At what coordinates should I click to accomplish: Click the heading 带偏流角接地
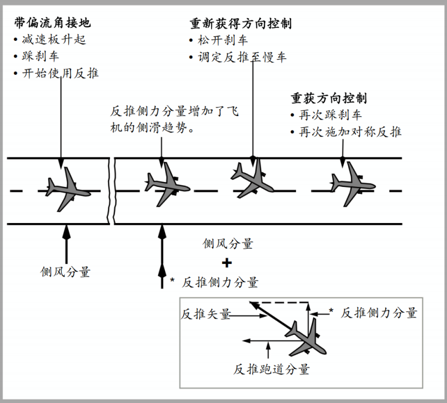coord(53,23)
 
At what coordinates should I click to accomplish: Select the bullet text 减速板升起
coord(54,40)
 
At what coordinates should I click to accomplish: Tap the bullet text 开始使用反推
coord(60,73)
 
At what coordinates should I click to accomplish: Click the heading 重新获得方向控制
coord(241,24)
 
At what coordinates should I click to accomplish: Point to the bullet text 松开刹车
coord(222,40)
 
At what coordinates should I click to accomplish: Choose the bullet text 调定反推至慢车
coord(242,57)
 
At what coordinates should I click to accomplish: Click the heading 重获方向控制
coord(329,98)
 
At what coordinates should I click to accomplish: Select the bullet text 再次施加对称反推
coord(350,132)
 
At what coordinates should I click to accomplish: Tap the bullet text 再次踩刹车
coord(330,115)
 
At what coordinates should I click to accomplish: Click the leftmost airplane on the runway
coord(68,189)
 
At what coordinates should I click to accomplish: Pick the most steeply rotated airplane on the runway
coord(252,179)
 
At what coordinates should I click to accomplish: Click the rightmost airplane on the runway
coord(353,184)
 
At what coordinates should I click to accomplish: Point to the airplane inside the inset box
coord(306,339)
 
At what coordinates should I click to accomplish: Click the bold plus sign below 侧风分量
coord(227,263)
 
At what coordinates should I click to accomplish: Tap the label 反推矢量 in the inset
coord(206,314)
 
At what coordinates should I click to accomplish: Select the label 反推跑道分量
coord(271,369)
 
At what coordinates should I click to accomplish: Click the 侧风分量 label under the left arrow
coord(66,272)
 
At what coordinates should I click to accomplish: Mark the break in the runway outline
coord(112,191)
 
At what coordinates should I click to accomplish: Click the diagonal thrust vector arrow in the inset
coord(271,316)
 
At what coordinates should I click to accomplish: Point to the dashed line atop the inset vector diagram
coord(280,302)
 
